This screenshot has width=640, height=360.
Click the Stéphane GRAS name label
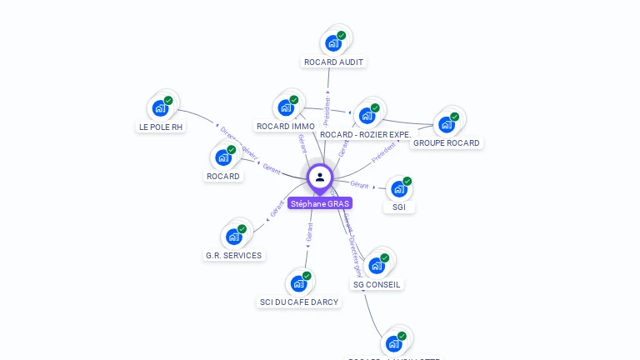tap(320, 203)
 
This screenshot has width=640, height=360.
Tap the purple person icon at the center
tap(320, 177)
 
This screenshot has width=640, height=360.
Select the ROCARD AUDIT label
tap(334, 62)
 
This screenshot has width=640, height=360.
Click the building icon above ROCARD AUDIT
tap(333, 42)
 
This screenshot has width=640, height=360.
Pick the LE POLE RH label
tap(161, 127)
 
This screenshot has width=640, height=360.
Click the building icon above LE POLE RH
tap(160, 107)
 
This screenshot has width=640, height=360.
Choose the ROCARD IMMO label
tap(285, 126)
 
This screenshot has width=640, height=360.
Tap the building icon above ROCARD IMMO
tap(286, 107)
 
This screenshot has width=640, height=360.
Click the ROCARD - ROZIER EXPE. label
tap(365, 134)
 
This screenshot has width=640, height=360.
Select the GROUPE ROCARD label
tap(446, 142)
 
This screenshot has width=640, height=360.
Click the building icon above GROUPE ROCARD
tap(447, 124)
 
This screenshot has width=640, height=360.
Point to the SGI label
tap(399, 207)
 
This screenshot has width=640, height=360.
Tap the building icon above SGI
tap(399, 188)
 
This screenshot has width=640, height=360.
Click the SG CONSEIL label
tap(377, 284)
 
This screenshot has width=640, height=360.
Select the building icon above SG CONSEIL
tap(377, 266)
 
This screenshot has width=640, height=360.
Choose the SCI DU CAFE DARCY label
tap(299, 302)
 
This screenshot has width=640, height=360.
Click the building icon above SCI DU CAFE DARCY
tap(299, 283)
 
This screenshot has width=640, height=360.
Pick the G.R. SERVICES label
tap(233, 255)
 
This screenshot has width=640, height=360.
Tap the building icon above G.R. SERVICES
tap(234, 237)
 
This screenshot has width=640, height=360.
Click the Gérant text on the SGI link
tap(359, 184)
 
